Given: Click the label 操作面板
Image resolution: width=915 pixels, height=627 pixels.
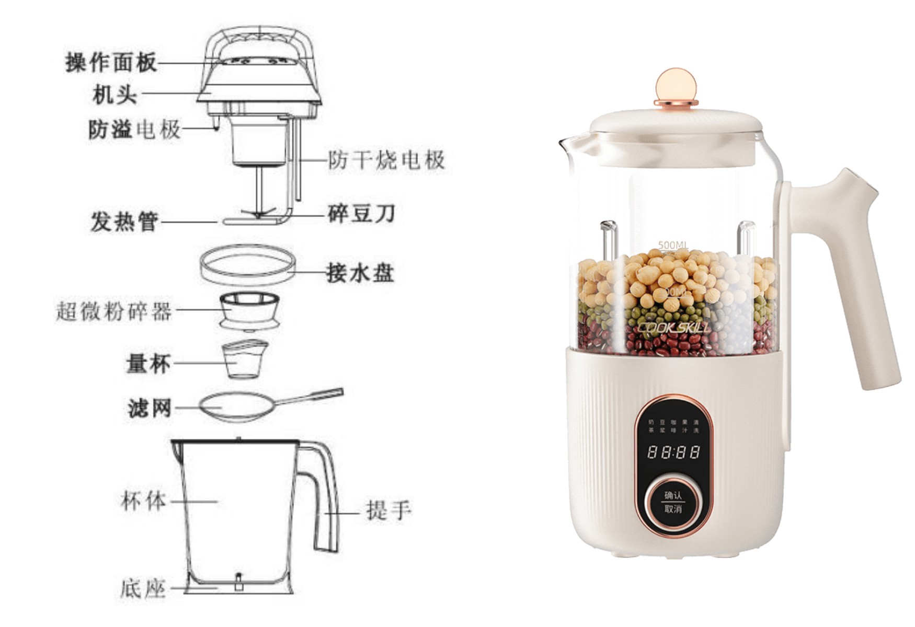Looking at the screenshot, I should click(111, 63).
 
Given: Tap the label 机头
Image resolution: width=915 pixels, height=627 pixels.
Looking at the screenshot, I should click(115, 95).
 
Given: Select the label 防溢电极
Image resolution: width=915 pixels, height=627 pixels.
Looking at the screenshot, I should click(134, 129).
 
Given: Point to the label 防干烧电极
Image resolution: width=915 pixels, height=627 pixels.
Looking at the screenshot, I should click(386, 160).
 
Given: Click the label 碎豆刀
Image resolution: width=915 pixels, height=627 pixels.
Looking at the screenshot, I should click(361, 214).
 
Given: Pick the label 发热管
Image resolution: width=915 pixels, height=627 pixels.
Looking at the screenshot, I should click(124, 222).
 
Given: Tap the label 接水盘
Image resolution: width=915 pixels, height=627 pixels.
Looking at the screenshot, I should click(360, 273).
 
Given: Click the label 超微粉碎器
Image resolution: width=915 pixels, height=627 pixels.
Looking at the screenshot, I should click(114, 311).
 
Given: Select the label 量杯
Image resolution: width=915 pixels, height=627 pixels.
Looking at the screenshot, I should click(148, 363).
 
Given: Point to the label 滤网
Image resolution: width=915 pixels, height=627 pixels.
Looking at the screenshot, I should click(150, 408).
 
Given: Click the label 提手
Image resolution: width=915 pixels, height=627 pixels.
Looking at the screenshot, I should click(388, 510).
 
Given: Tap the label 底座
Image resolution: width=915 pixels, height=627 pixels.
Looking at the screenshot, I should click(143, 589).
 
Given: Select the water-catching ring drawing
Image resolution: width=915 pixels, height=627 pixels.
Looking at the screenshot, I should click(248, 265).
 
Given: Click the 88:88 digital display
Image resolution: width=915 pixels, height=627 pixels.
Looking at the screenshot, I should click(673, 452).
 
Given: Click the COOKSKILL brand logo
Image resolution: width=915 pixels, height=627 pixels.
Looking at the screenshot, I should click(673, 328).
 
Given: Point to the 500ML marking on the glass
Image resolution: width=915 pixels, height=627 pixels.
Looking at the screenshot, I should click(673, 245).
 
